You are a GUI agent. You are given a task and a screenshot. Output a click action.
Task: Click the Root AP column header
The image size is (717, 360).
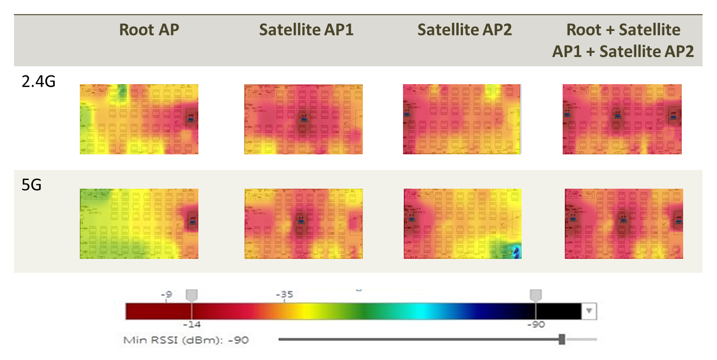149,30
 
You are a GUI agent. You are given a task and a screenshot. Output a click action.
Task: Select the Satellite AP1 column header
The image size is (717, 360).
306,30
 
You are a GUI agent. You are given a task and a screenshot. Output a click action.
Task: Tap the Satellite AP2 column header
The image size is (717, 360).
464,30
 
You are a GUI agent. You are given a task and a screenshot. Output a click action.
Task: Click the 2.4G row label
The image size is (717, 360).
39,81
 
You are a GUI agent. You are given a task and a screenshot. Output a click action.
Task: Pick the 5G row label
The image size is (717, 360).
31,185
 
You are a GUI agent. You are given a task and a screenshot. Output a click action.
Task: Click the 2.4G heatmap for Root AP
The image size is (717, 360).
139,119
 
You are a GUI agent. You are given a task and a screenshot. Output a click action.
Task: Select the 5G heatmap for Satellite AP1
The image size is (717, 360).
303,224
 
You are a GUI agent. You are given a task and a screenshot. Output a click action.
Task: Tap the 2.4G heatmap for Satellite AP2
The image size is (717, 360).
462,119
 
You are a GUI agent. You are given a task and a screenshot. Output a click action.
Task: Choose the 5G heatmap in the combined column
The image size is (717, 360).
624,224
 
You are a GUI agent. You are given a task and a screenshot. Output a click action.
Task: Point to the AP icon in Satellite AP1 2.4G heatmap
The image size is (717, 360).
303,118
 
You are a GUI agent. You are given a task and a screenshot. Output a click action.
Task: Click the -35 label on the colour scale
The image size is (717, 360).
284,294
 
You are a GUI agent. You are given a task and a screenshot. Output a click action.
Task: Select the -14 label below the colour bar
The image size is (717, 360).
192,325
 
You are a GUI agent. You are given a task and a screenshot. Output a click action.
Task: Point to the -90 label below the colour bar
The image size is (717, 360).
536,325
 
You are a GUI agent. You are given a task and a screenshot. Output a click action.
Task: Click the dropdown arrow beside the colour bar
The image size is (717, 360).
589,311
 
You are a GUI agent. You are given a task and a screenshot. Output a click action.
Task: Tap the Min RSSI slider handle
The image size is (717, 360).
562,339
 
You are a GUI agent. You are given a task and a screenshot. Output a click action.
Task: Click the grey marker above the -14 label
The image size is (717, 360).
192,295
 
